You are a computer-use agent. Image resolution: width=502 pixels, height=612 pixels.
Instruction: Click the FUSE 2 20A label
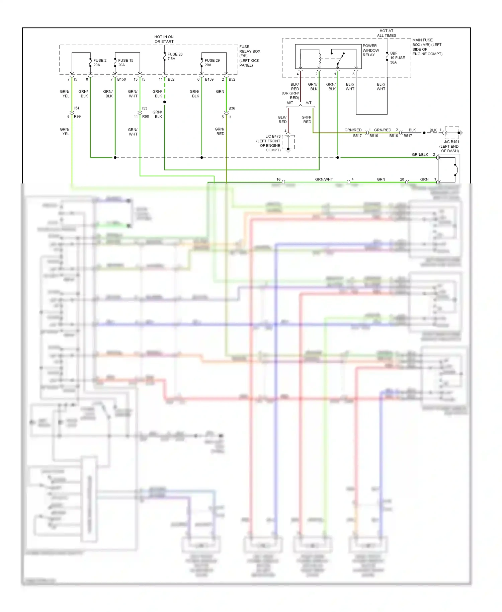(100, 63)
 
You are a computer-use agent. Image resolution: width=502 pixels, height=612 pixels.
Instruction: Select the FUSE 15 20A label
(125, 63)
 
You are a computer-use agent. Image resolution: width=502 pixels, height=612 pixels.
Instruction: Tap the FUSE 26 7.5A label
(175, 56)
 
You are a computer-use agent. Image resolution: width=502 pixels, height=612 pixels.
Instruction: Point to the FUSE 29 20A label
(212, 63)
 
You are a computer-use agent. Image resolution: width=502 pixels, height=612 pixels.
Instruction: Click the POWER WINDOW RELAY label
(371, 50)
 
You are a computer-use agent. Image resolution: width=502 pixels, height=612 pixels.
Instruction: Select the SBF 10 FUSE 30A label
(397, 58)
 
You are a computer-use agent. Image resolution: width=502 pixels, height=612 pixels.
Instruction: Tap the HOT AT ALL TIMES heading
(387, 33)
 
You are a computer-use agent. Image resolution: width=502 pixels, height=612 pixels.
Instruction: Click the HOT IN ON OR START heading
(164, 39)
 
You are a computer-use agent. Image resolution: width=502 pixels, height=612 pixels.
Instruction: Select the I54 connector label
(77, 108)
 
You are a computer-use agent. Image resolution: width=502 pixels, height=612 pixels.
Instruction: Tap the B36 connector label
(232, 108)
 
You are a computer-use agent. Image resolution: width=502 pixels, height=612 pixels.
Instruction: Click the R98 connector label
(146, 117)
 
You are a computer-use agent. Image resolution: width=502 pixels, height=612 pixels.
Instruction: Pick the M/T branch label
(290, 103)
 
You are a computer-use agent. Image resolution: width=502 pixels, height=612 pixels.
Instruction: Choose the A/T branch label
(309, 103)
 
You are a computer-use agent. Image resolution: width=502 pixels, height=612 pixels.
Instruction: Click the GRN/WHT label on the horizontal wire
(324, 179)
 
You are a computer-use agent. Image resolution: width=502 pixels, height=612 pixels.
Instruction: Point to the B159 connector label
(209, 79)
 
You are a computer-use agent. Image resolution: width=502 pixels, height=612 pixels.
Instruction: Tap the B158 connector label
(121, 79)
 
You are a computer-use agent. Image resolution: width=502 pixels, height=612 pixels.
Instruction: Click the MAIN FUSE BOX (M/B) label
(427, 47)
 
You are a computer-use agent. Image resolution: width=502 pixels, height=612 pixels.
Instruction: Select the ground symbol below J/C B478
(288, 150)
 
